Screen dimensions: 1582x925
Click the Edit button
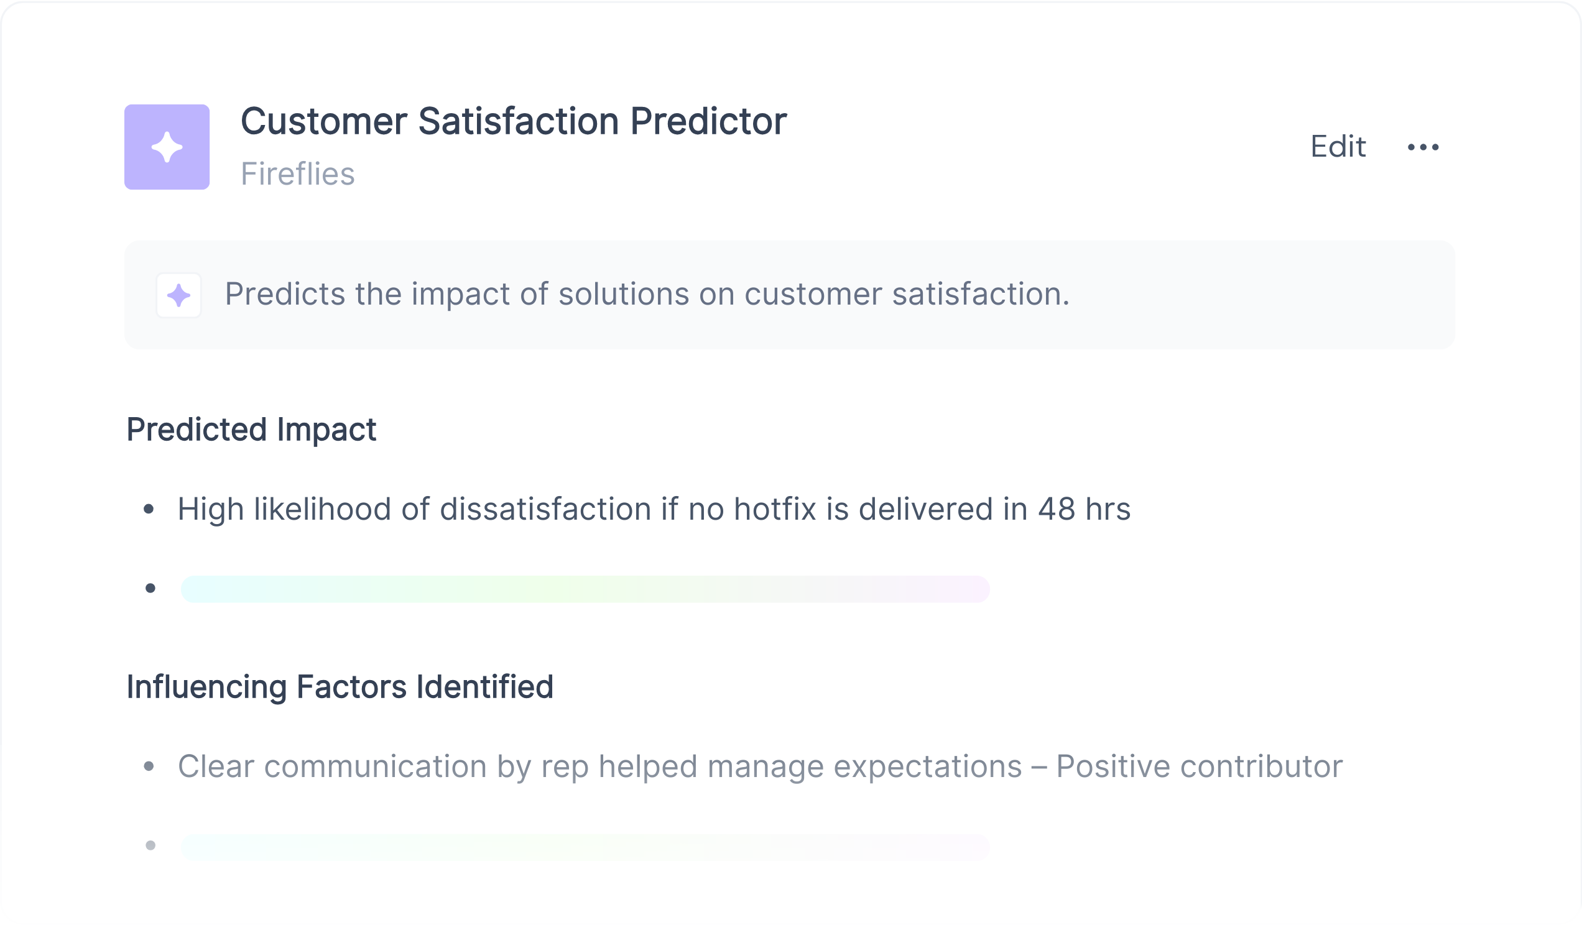pos(1338,147)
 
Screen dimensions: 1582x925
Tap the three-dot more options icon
pos(1423,147)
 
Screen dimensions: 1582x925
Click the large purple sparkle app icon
pos(167,147)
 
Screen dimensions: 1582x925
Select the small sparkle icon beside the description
pos(179,295)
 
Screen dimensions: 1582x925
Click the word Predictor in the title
pos(708,121)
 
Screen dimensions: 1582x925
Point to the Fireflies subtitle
pos(298,174)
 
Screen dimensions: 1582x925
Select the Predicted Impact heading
pos(251,430)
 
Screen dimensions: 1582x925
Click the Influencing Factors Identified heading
pos(340,686)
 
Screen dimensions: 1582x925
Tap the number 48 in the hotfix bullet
pos(1057,509)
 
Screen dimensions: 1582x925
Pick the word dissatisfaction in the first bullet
pos(545,509)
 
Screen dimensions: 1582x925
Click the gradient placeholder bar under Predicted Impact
pos(585,589)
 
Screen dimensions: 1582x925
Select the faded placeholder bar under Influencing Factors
pos(585,847)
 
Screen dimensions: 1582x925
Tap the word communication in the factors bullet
pos(376,766)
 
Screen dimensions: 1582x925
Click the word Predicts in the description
pos(285,294)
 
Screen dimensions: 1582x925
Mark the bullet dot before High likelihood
pos(149,509)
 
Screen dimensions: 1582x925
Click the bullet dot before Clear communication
pos(149,766)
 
